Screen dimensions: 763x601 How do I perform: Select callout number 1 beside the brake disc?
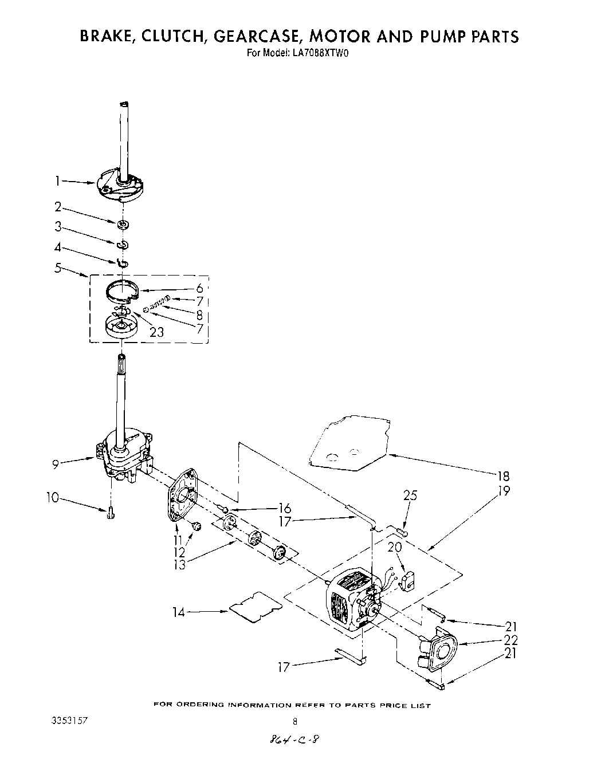(x=57, y=181)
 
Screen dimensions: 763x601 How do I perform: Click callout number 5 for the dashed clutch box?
(x=57, y=266)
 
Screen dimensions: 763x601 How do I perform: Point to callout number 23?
(x=156, y=332)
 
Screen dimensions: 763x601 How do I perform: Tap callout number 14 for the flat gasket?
(x=179, y=612)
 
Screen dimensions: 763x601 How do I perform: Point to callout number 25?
(x=411, y=495)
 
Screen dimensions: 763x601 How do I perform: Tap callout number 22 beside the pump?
(x=510, y=640)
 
